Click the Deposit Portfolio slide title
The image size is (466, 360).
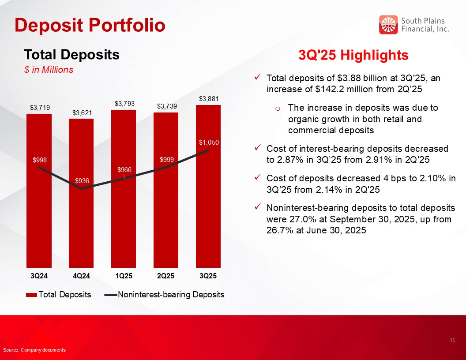90,25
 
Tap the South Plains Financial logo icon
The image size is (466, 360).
388,25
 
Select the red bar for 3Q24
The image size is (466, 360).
39,212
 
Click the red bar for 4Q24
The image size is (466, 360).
81,221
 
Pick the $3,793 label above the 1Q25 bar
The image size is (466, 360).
124,104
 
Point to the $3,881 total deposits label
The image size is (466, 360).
208,98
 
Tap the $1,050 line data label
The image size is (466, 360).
208,142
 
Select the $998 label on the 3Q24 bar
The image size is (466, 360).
40,160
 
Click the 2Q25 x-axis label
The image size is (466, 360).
165,277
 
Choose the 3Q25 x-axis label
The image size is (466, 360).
208,277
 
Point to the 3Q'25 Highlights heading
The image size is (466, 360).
353,56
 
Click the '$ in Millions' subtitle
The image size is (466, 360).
49,70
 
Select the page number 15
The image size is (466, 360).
452,340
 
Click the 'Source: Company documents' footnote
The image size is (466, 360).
34,350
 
